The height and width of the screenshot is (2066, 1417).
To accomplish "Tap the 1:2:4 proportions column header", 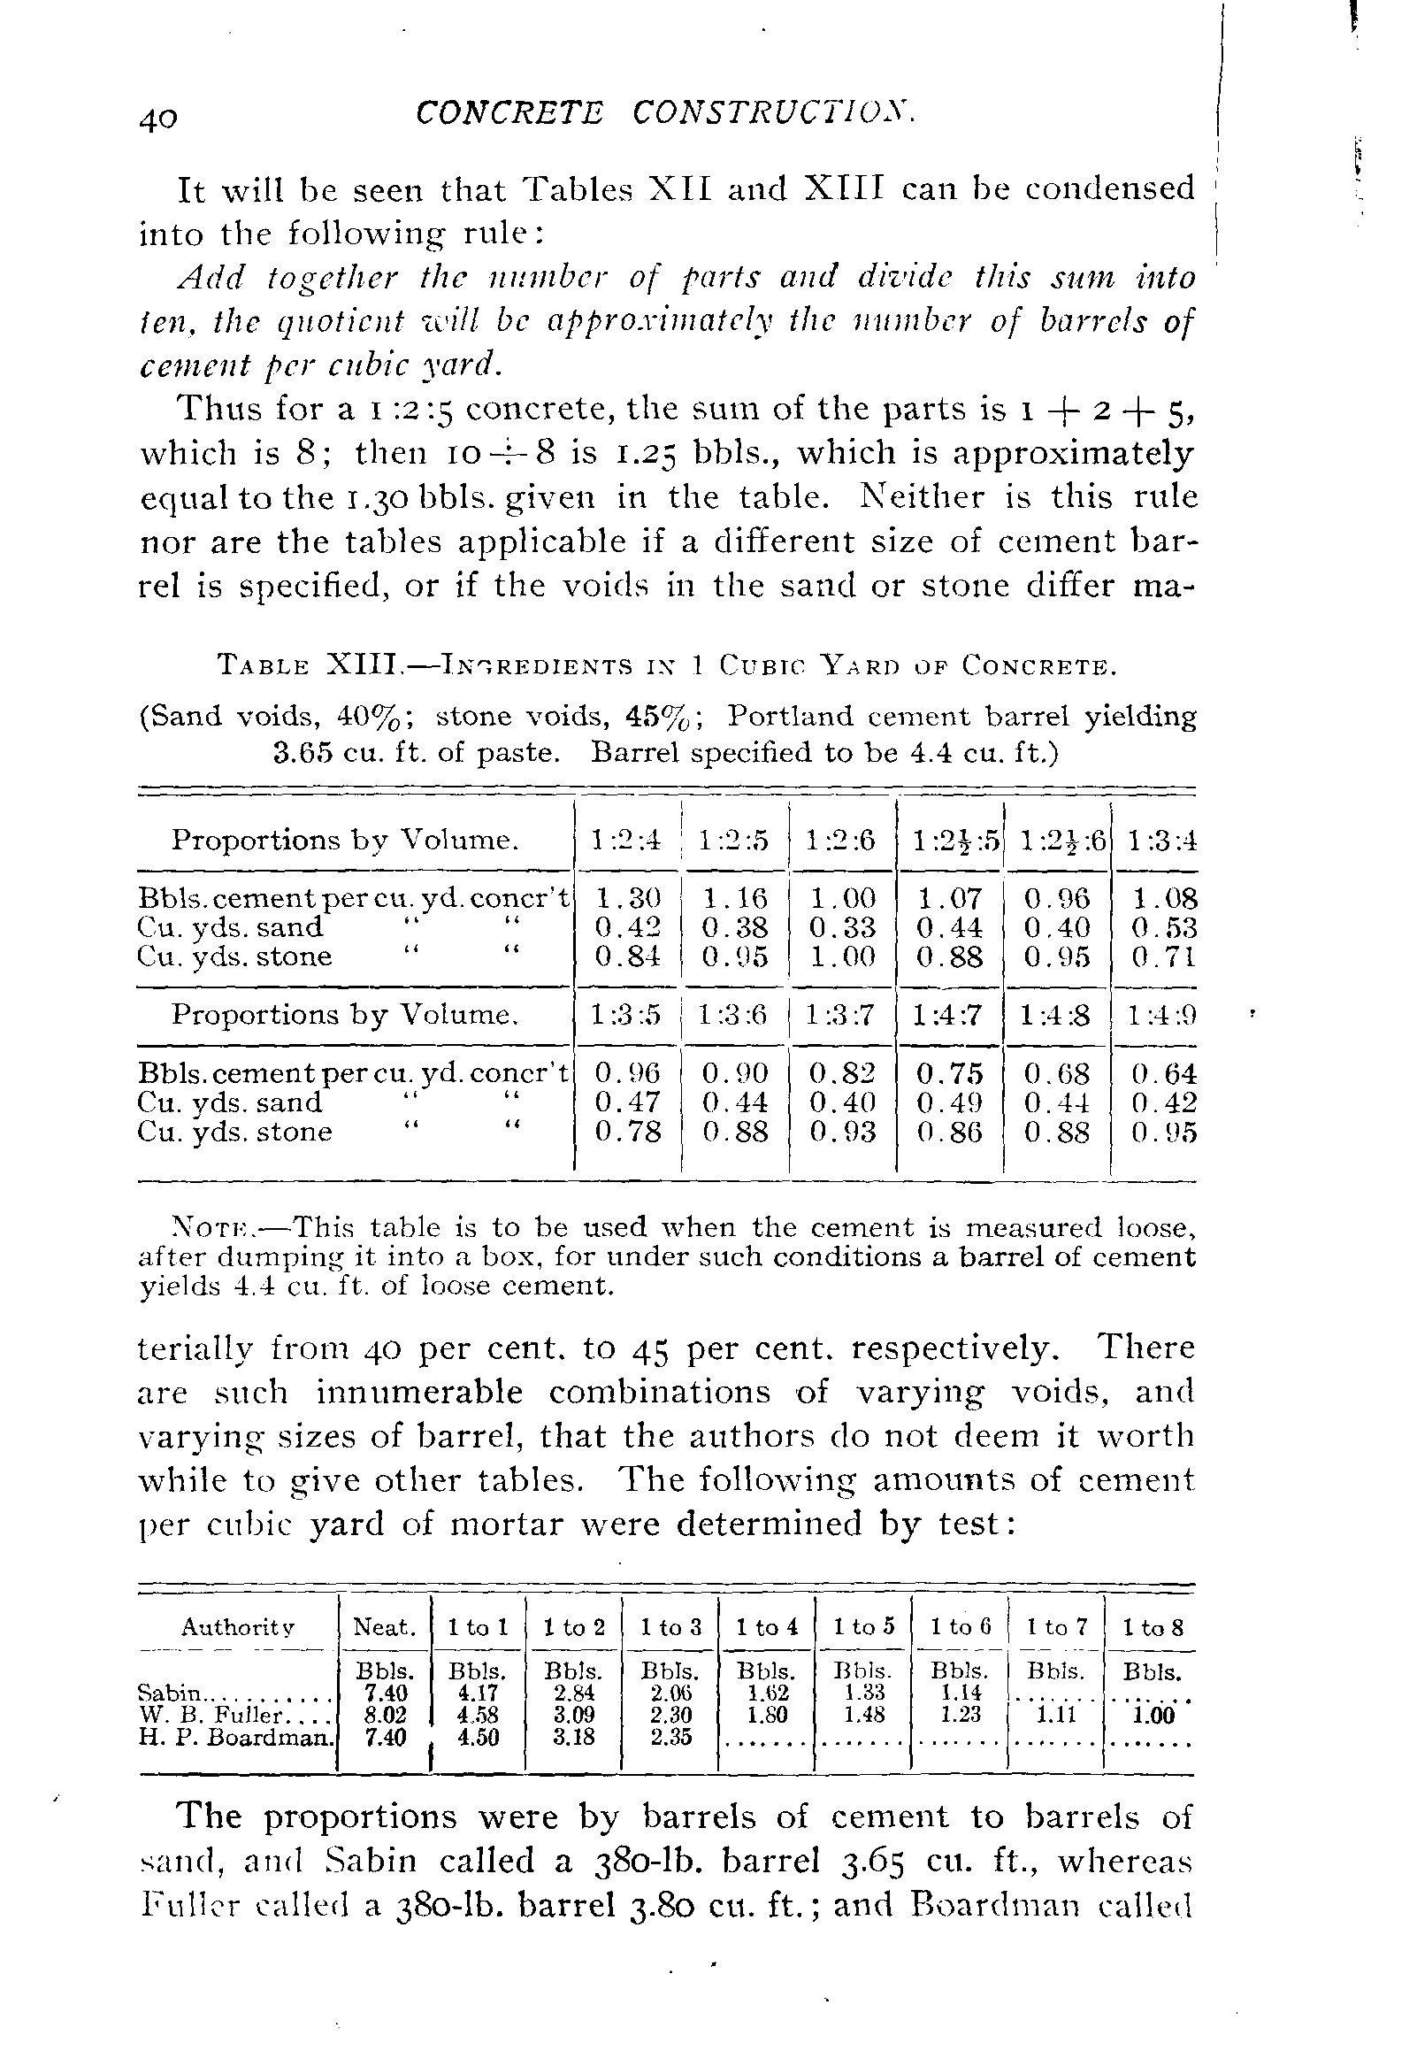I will pos(627,840).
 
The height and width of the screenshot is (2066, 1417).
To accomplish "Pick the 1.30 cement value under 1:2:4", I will pos(627,898).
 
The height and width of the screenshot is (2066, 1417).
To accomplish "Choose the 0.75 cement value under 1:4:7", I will pos(949,1073).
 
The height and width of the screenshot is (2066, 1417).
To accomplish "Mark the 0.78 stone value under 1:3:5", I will pos(627,1132).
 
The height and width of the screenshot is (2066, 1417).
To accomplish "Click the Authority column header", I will pos(238,1628).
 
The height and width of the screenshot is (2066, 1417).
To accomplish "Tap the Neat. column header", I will pos(385,1628).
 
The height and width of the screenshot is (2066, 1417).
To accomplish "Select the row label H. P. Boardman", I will pos(236,1737).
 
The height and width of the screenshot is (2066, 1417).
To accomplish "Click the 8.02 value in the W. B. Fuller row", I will pos(386,1715).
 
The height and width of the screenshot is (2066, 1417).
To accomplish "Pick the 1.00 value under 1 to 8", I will pos(1155,1716).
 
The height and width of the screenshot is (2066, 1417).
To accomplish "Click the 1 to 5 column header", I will pos(863,1628).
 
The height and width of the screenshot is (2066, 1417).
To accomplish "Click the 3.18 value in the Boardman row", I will pos(574,1737).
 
